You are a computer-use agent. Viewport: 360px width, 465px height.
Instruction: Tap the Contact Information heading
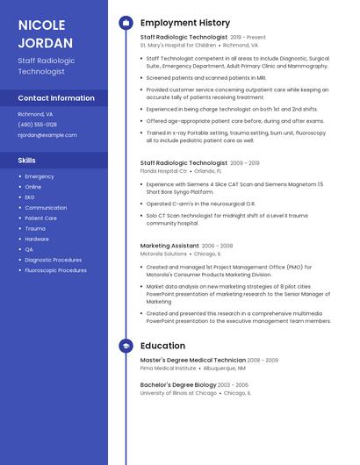(x=56, y=98)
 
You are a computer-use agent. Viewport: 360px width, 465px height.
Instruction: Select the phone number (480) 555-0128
(x=38, y=125)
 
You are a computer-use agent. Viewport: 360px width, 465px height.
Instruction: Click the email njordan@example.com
(x=47, y=135)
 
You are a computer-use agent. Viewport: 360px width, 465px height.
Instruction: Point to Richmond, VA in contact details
(x=35, y=114)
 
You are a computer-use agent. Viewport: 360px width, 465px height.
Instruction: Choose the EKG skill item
(x=30, y=197)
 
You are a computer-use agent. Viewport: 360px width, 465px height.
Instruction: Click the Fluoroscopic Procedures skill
(x=55, y=270)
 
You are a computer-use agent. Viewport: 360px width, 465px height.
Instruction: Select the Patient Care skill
(x=40, y=218)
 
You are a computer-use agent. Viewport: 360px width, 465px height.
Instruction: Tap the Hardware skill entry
(x=37, y=239)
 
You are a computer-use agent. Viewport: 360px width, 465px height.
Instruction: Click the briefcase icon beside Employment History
(x=126, y=22)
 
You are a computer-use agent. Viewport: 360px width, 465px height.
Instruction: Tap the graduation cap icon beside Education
(x=126, y=346)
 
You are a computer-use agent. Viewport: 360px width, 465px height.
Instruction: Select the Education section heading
(x=162, y=346)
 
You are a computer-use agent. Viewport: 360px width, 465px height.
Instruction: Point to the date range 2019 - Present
(x=248, y=38)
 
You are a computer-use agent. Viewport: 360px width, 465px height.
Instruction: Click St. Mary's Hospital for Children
(x=177, y=45)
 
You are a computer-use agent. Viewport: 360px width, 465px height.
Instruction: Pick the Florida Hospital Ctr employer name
(x=163, y=171)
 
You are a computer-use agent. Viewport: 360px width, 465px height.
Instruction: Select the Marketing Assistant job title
(x=169, y=246)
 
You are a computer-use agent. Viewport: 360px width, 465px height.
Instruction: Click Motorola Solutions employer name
(x=163, y=254)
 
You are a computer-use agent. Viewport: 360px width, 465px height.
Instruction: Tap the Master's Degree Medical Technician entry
(x=192, y=360)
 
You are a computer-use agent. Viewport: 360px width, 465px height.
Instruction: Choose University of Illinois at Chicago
(x=178, y=393)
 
